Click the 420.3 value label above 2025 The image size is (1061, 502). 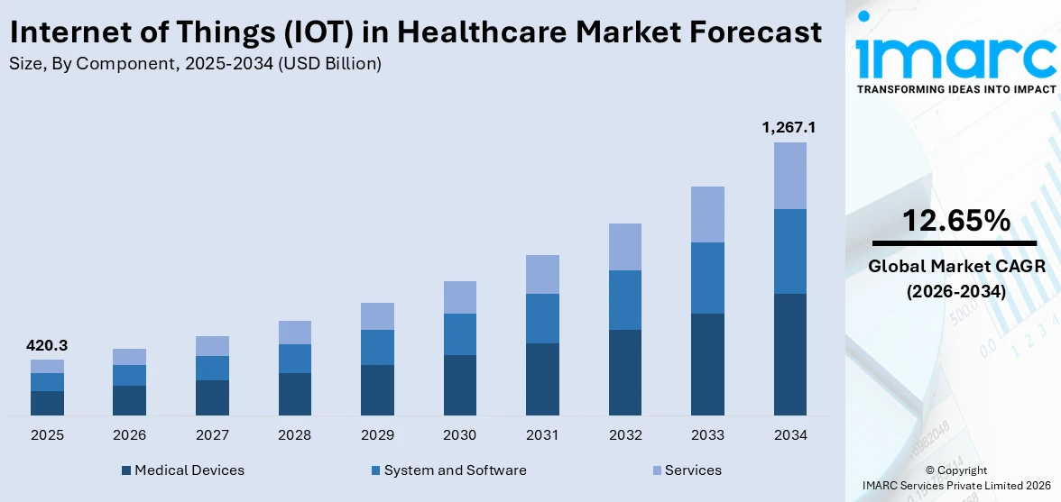47,345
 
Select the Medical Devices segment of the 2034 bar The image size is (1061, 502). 789,354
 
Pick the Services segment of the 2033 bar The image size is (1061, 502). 707,214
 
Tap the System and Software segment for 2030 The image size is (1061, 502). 460,334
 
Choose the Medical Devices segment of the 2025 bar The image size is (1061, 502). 47,403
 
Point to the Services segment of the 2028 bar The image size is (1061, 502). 295,333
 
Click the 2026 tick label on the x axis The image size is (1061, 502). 130,435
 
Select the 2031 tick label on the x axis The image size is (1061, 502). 542,435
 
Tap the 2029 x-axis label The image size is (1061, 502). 377,435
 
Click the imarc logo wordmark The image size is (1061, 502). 955,57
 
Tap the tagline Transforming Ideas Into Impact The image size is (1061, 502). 955,90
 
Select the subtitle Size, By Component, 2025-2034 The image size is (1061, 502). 194,64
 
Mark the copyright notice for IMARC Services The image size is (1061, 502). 955,479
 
